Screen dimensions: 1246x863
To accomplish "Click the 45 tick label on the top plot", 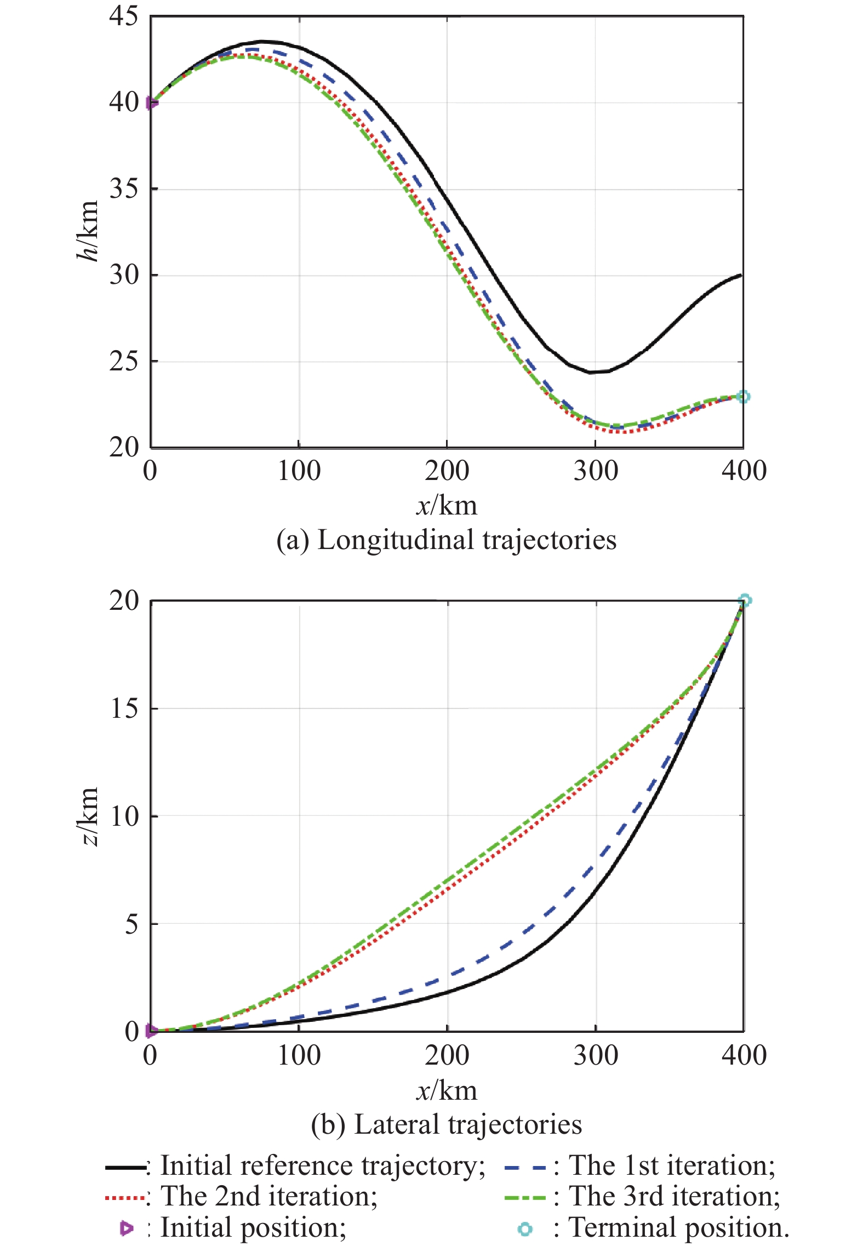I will click(124, 16).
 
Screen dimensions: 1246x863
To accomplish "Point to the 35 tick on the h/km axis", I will click(124, 189).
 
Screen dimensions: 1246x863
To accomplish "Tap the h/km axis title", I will click(88, 231).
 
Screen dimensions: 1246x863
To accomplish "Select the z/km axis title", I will click(88, 816).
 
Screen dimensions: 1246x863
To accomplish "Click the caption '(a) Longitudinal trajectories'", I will click(446, 540).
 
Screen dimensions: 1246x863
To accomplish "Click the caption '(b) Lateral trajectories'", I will click(446, 1124).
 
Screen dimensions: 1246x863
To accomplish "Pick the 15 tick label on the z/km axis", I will click(124, 708).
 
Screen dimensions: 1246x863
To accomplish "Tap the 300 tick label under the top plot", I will click(596, 471).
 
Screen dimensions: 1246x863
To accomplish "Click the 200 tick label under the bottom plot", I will click(447, 1055).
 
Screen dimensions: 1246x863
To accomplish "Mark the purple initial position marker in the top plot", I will click(152, 102).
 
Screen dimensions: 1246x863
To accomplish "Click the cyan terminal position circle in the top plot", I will click(743, 397).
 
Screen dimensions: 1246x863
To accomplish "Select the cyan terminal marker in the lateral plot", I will click(745, 601).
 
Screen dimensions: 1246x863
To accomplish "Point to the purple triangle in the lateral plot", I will click(152, 1031).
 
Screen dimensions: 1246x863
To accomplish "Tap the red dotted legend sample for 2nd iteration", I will click(125, 1198).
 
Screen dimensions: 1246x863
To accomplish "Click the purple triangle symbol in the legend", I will click(127, 1229).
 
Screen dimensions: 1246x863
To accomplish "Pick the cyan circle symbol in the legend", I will click(525, 1229).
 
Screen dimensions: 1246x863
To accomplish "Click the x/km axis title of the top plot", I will click(447, 505).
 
